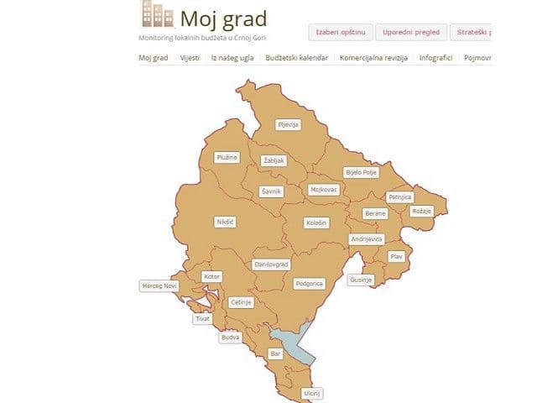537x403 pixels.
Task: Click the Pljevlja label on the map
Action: click(288, 124)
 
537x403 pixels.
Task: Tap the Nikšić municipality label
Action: click(224, 222)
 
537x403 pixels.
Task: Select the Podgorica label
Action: click(309, 284)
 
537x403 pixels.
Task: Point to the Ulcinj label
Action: click(312, 392)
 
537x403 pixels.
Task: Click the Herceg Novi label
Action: click(159, 286)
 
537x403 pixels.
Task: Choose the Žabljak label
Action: click(274, 160)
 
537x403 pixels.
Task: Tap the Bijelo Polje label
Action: click(362, 172)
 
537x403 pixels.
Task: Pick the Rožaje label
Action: click(421, 211)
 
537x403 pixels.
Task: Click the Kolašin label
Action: click(315, 223)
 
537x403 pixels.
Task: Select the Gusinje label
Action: click(361, 279)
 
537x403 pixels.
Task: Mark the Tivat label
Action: click(202, 319)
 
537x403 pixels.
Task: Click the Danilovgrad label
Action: click(271, 264)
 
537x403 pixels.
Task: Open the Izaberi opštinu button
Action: click(339, 33)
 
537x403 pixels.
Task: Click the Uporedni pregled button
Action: click(409, 33)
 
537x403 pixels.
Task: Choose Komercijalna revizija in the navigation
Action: click(373, 58)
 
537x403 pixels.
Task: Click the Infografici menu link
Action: click(435, 58)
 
